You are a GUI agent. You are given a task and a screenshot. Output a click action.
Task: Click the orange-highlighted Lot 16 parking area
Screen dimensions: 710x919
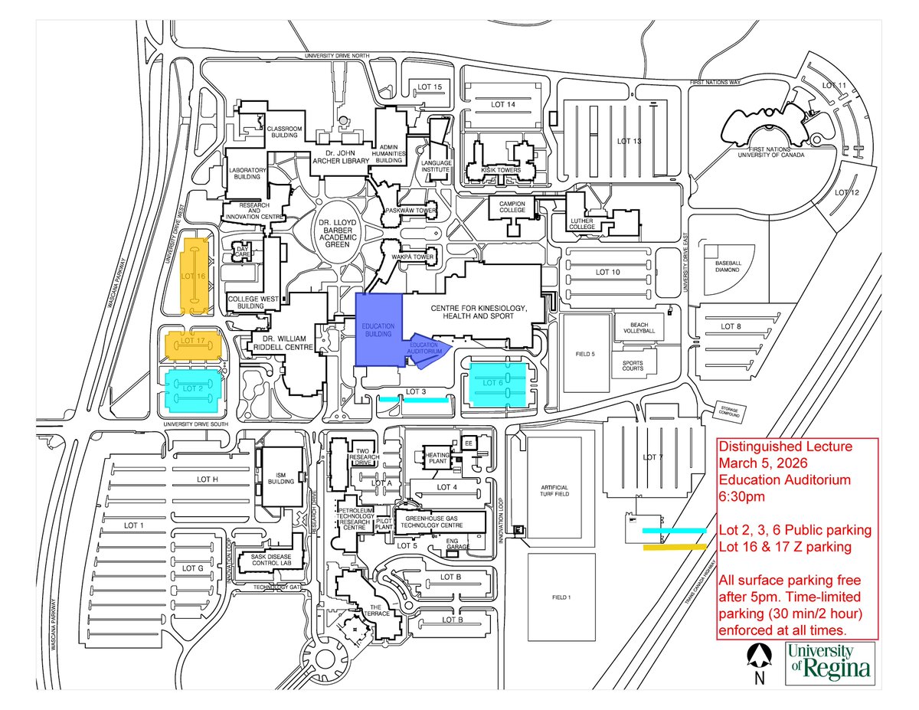click(195, 276)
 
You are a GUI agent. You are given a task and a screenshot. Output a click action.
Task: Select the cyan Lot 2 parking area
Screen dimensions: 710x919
click(192, 388)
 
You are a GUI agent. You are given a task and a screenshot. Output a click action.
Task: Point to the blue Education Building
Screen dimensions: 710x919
click(379, 329)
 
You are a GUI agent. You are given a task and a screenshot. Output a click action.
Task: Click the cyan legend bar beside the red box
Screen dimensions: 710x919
click(674, 529)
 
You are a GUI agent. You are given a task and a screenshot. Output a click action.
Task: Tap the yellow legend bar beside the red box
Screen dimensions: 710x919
click(674, 547)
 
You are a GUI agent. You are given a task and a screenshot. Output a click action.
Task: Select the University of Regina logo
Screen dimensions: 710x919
click(829, 663)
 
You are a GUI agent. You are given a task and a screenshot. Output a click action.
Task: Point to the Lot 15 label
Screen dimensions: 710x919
click(430, 87)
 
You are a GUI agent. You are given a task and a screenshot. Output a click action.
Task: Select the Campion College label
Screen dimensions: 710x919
click(512, 208)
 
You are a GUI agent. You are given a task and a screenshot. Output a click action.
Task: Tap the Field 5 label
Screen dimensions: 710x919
click(585, 355)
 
